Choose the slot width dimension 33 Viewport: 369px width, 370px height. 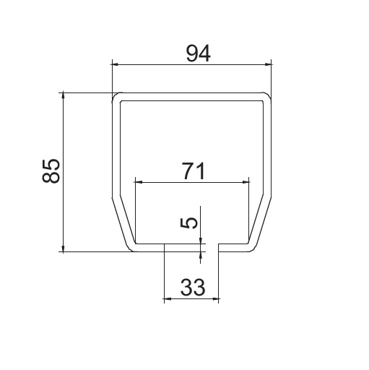click(x=191, y=287)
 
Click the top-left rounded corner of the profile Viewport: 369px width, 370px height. click(x=116, y=97)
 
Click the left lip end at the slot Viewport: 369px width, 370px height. click(x=164, y=247)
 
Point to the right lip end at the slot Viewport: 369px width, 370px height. click(x=220, y=247)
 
